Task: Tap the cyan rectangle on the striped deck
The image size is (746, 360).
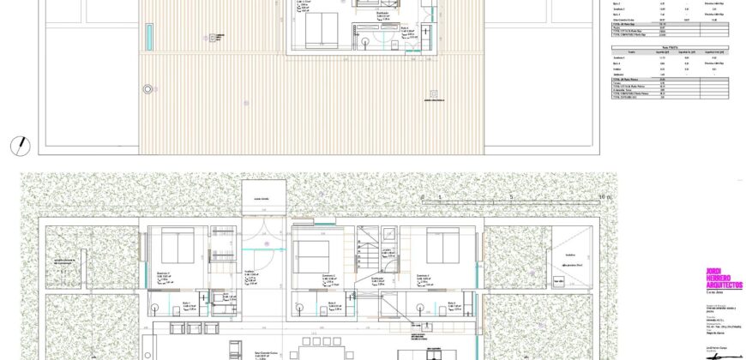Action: (x=150, y=36)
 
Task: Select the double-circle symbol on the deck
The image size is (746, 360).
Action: (x=147, y=88)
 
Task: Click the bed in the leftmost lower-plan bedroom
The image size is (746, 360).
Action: (x=178, y=247)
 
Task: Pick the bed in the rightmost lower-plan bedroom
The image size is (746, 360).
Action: (x=443, y=247)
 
